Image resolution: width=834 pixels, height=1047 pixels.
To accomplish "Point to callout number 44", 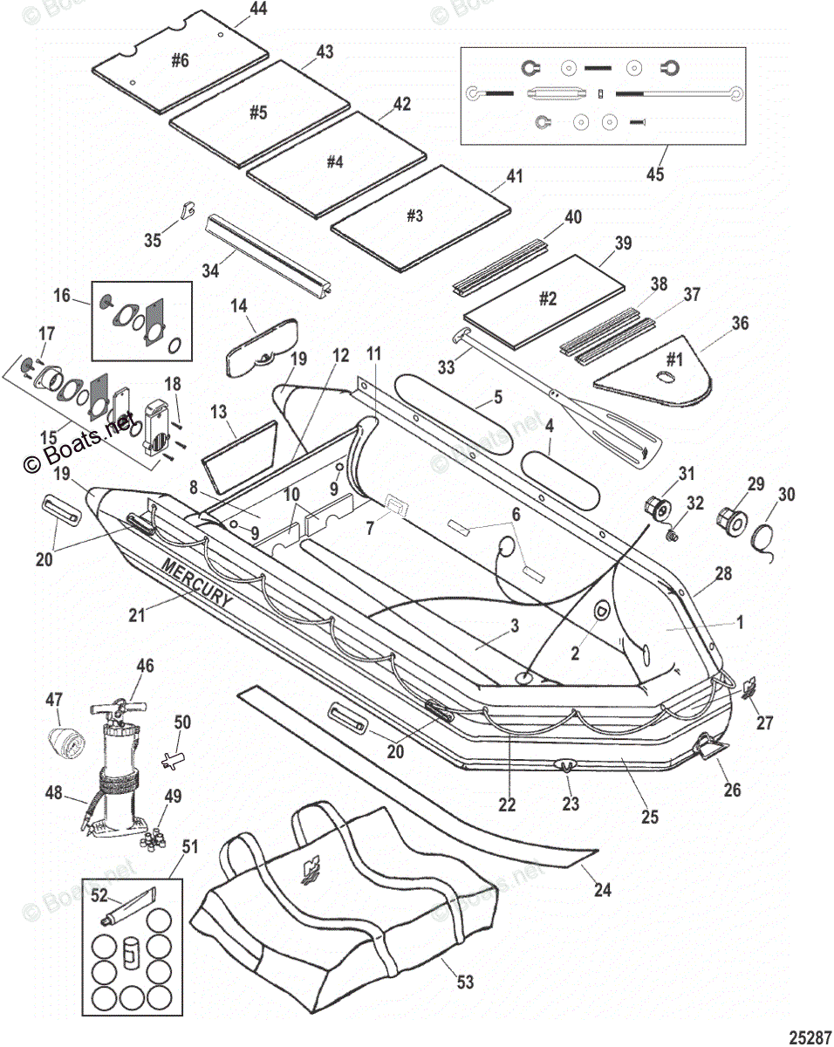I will click(234, 10).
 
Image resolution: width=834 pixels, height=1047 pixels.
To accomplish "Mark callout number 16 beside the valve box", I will click(62, 296).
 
